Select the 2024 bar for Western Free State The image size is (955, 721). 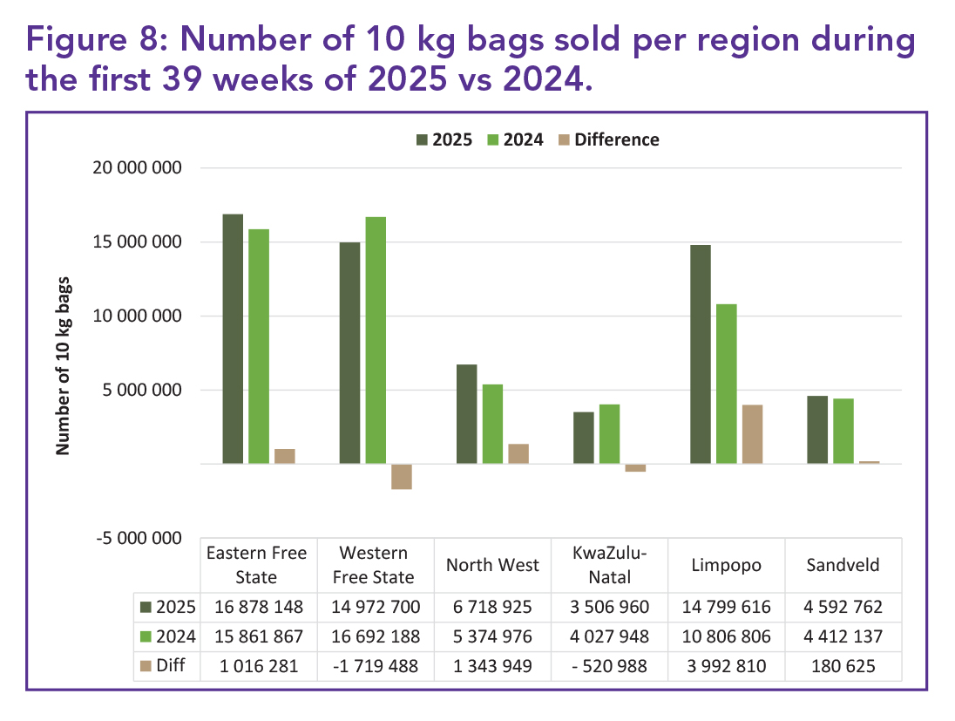376,340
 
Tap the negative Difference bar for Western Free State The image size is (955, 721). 402,476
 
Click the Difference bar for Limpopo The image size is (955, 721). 753,434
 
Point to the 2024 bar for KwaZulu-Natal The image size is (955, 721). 610,433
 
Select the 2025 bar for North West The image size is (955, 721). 467,414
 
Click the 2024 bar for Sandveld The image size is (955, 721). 843,431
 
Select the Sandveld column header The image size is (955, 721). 843,565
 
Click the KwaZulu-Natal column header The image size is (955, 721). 610,565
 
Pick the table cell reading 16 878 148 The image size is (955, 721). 257,607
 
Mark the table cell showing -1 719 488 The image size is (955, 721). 376,666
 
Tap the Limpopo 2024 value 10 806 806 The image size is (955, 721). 727,636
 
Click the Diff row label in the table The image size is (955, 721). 168,666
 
